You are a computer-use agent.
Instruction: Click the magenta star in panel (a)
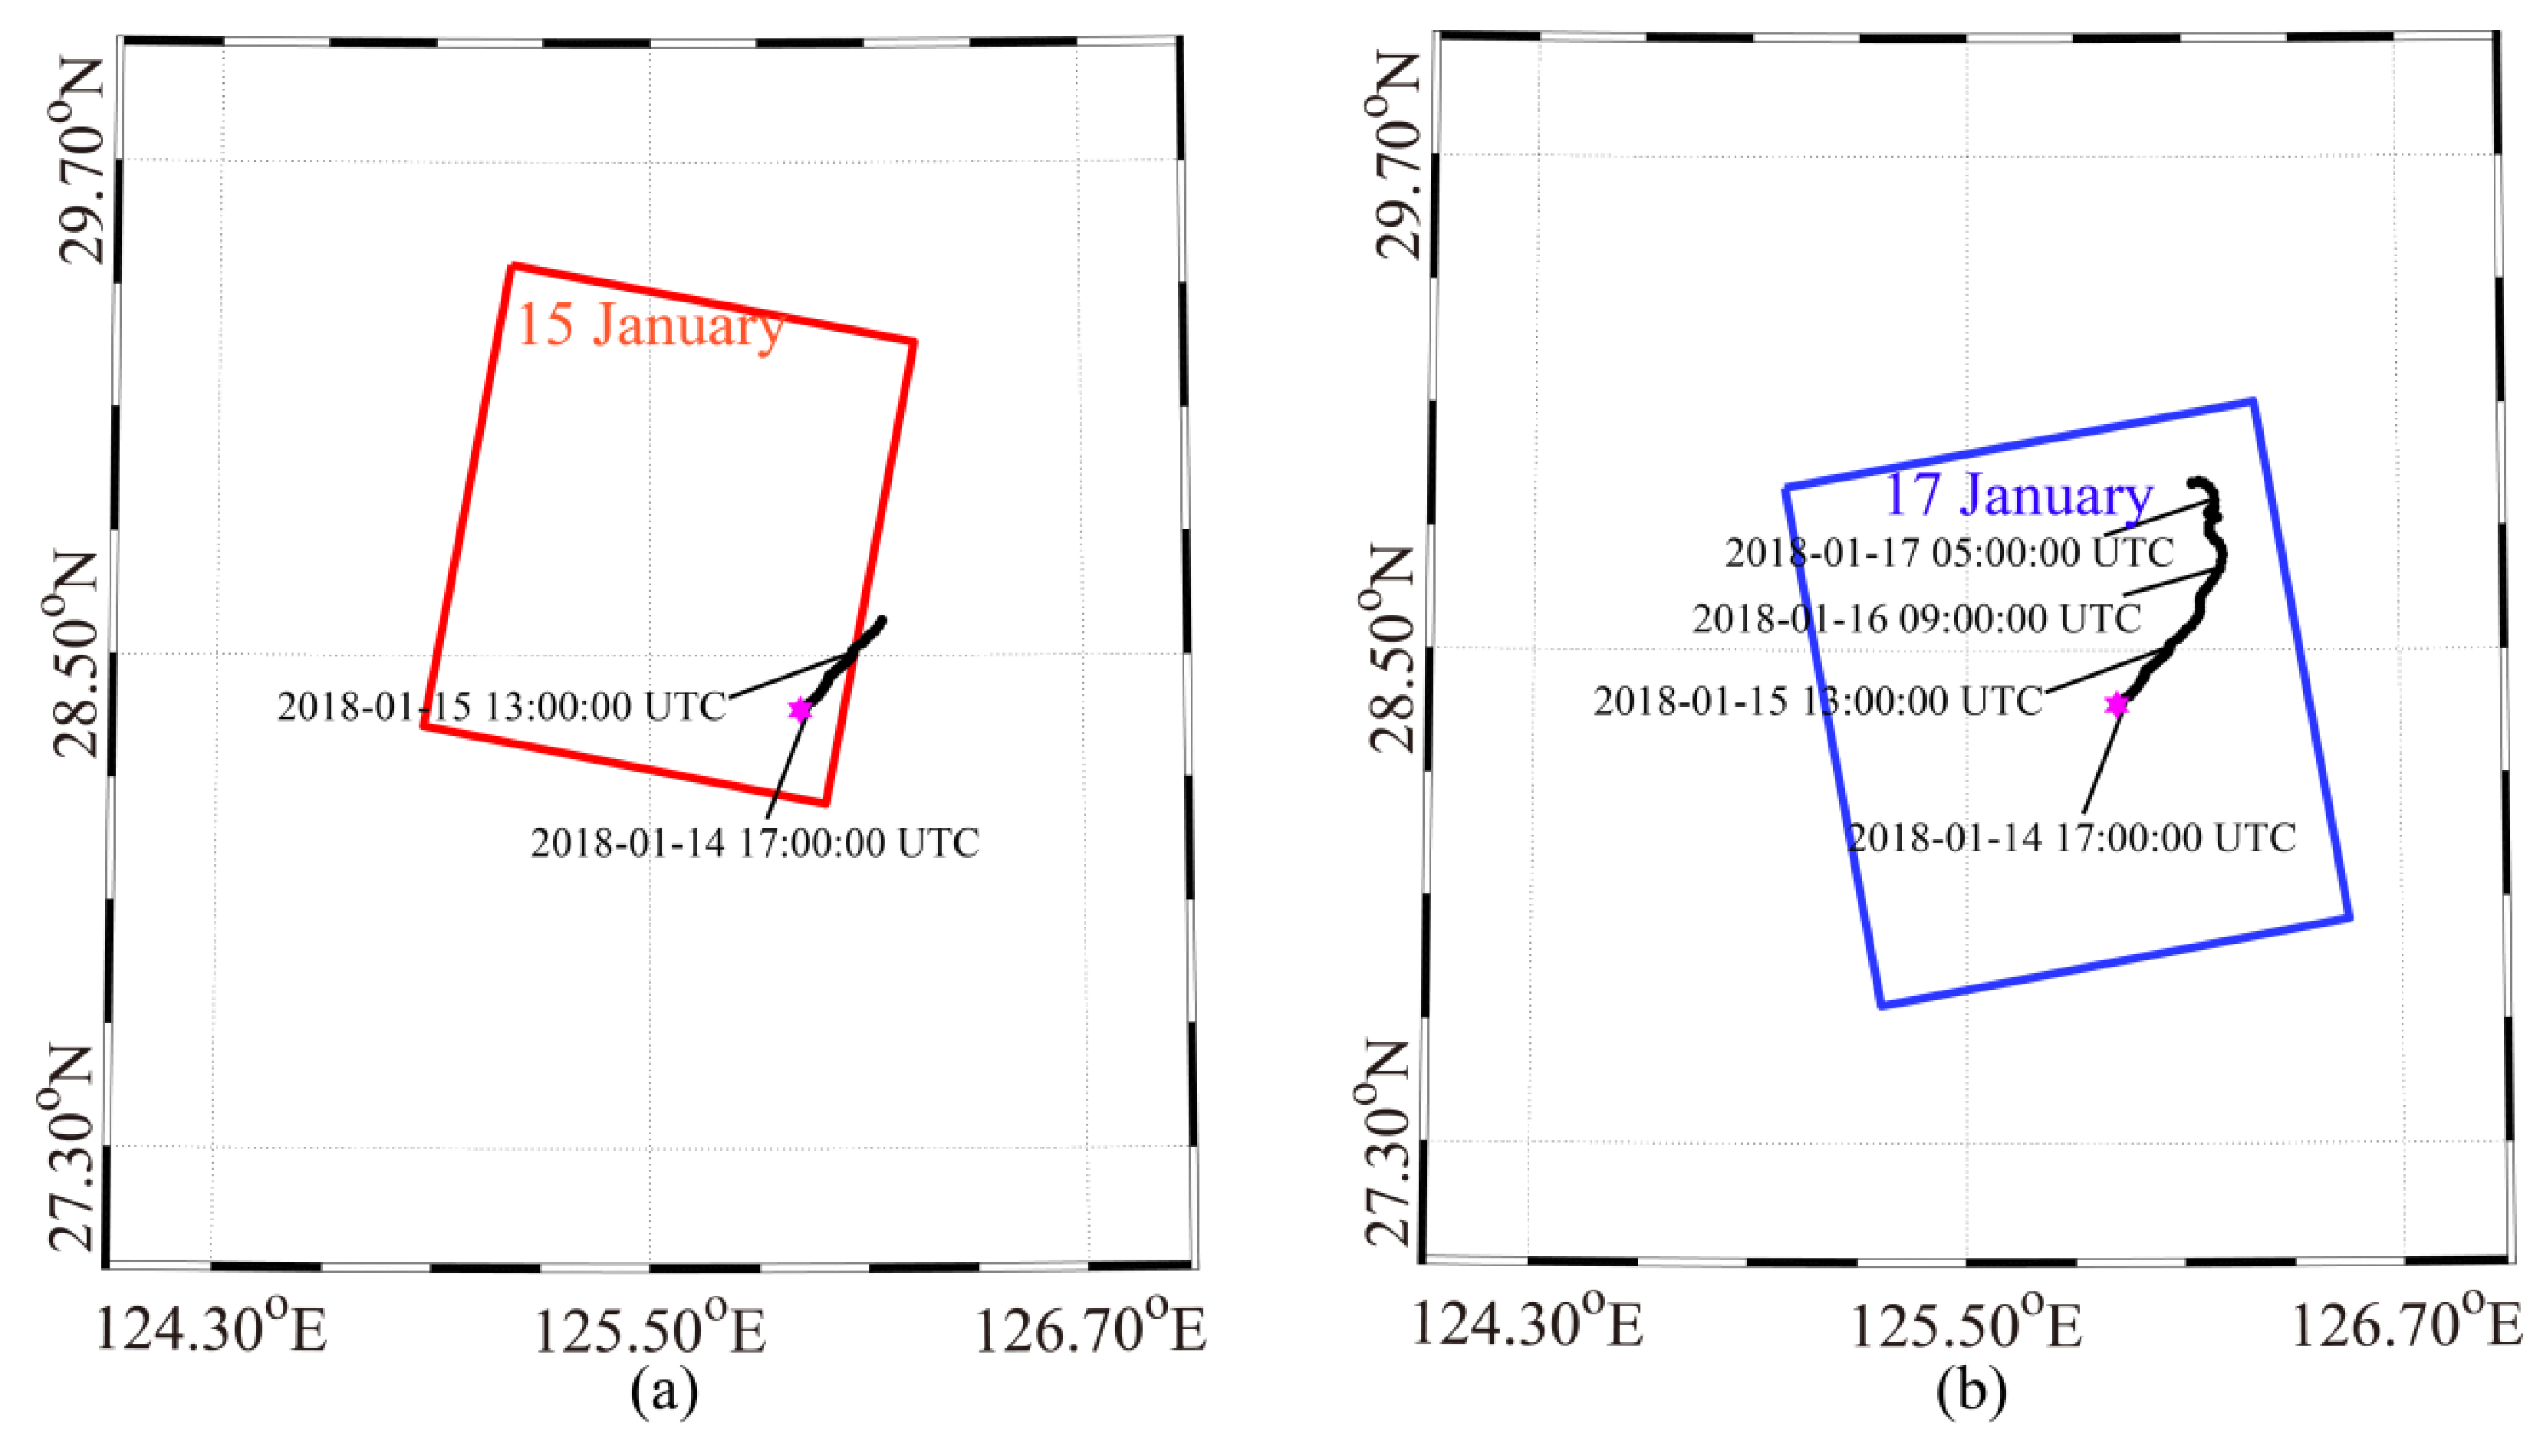(800, 709)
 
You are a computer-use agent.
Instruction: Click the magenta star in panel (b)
(2116, 704)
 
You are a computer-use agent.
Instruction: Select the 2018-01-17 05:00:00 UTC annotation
(1949, 552)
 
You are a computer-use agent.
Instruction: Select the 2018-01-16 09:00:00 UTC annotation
(1916, 619)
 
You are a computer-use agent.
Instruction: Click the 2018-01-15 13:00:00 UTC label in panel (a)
(501, 706)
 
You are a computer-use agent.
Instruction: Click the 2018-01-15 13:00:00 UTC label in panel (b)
(1817, 701)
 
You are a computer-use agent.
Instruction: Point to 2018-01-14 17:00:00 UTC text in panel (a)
(755, 843)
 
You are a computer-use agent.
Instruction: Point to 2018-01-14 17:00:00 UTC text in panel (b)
(2071, 837)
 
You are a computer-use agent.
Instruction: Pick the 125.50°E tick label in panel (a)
(650, 1330)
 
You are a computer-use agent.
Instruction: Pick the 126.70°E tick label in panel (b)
(2406, 1324)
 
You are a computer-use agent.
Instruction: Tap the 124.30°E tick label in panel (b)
(1526, 1324)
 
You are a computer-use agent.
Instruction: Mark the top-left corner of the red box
(513, 266)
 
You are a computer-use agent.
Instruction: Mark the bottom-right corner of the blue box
(2350, 917)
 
